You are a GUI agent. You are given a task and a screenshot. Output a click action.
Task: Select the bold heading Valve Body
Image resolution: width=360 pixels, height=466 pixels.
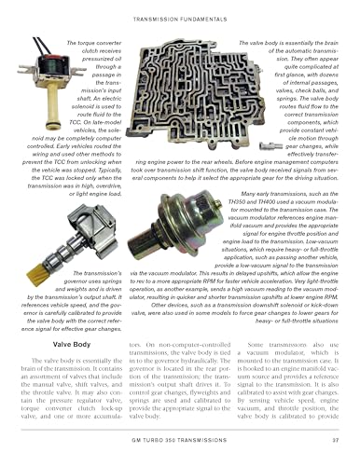pyautogui.click(x=58, y=318)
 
